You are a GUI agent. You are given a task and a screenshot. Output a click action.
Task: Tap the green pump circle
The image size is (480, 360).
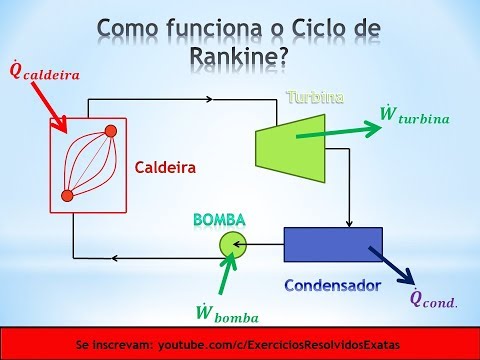[x=232, y=242]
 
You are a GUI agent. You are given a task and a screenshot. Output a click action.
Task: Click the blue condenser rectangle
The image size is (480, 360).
[x=333, y=245]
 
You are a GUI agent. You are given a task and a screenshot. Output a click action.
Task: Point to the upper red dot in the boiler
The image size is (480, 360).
[x=111, y=131]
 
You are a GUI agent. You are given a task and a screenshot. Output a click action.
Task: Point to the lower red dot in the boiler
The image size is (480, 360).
[x=67, y=195]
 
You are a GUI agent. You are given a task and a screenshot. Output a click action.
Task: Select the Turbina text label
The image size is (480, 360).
[x=316, y=98]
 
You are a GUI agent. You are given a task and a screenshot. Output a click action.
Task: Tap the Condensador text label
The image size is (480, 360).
[x=332, y=285]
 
